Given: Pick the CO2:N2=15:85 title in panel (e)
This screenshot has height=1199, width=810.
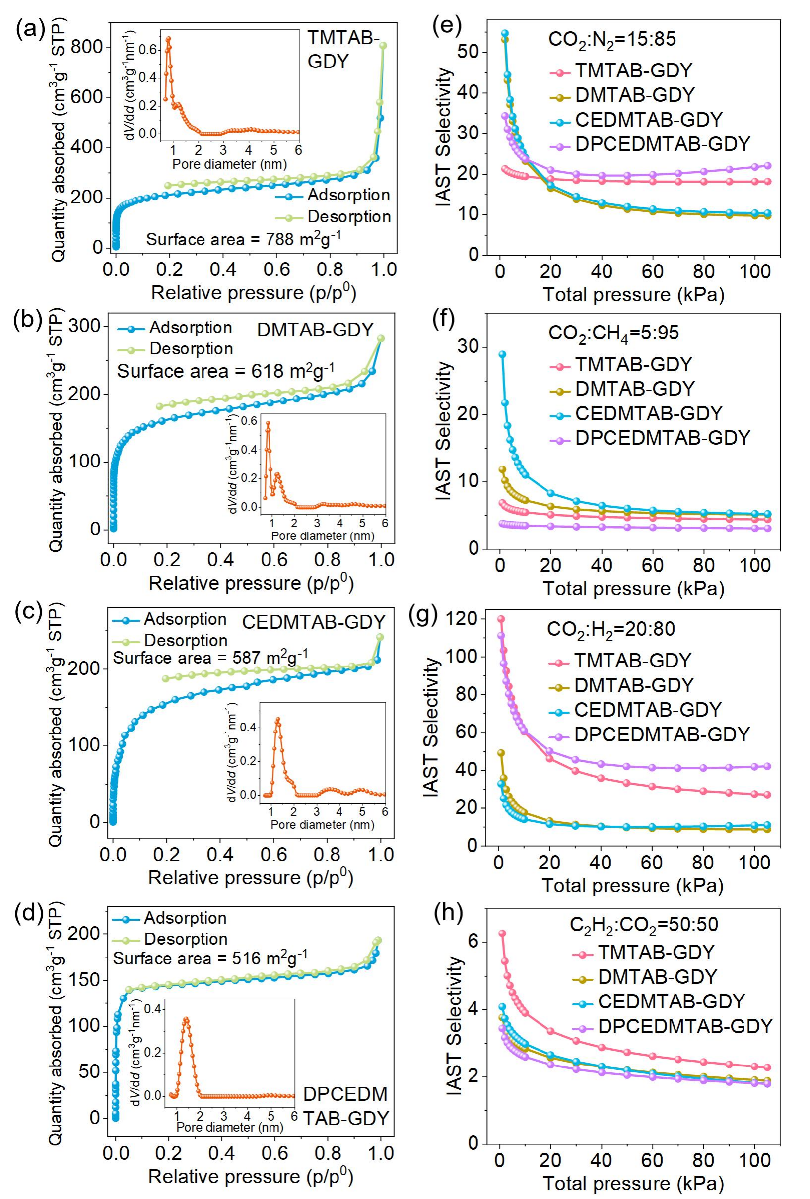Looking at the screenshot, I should click(612, 39).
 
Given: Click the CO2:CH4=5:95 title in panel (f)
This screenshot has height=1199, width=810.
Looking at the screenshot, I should click(613, 333).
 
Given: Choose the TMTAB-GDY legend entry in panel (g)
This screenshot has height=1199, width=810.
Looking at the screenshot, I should click(632, 661).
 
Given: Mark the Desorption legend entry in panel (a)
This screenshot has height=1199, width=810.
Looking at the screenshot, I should click(349, 217).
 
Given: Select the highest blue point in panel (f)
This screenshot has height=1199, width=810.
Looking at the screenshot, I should click(502, 354).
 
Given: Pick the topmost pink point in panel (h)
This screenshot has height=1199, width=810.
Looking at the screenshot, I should click(501, 934).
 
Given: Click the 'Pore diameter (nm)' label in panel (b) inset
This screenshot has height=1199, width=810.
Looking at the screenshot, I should click(323, 536).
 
